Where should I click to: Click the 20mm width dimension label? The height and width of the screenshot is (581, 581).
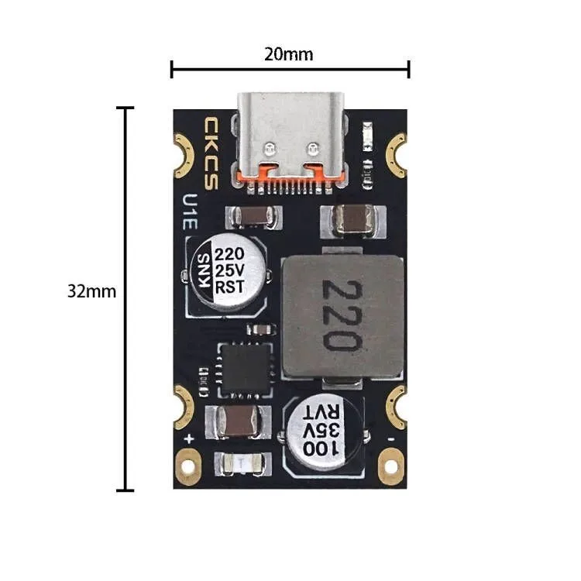pyautogui.click(x=289, y=54)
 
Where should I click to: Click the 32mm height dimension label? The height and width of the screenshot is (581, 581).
pyautogui.click(x=91, y=292)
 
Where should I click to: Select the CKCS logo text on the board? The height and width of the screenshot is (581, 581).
pyautogui.click(x=211, y=154)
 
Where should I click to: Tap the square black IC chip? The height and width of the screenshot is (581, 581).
pyautogui.click(x=245, y=366)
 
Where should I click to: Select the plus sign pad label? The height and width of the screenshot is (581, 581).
pyautogui.click(x=188, y=438)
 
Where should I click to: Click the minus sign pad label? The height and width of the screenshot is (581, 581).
pyautogui.click(x=391, y=438)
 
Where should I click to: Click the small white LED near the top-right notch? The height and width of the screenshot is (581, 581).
pyautogui.click(x=367, y=144)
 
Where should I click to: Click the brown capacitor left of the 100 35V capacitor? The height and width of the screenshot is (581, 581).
pyautogui.click(x=238, y=421)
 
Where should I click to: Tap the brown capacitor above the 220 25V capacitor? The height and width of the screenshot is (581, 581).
pyautogui.click(x=249, y=217)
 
